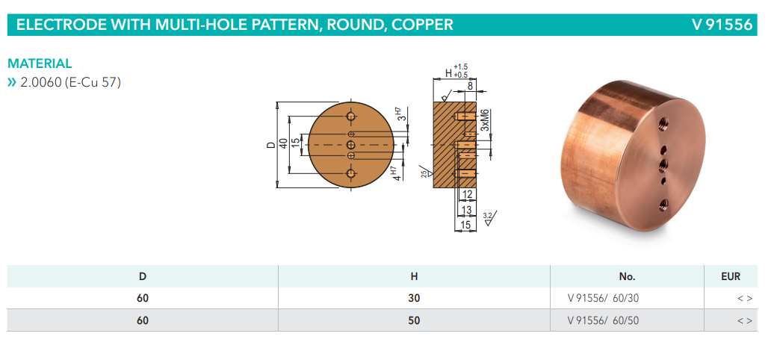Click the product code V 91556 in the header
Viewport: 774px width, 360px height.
(722, 25)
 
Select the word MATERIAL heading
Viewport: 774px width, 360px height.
(40, 64)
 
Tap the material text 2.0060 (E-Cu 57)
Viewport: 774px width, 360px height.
(70, 82)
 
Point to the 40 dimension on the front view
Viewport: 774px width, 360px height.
(283, 143)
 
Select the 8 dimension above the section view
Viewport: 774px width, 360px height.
(470, 87)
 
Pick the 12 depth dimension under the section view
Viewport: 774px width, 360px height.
(468, 196)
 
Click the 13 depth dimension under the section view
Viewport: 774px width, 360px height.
(466, 210)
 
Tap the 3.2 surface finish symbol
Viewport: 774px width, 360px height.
(488, 217)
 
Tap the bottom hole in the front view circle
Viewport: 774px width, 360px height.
(351, 173)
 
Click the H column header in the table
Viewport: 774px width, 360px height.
(414, 276)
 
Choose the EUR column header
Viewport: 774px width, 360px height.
(731, 276)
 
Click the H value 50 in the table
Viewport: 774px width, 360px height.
(414, 320)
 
